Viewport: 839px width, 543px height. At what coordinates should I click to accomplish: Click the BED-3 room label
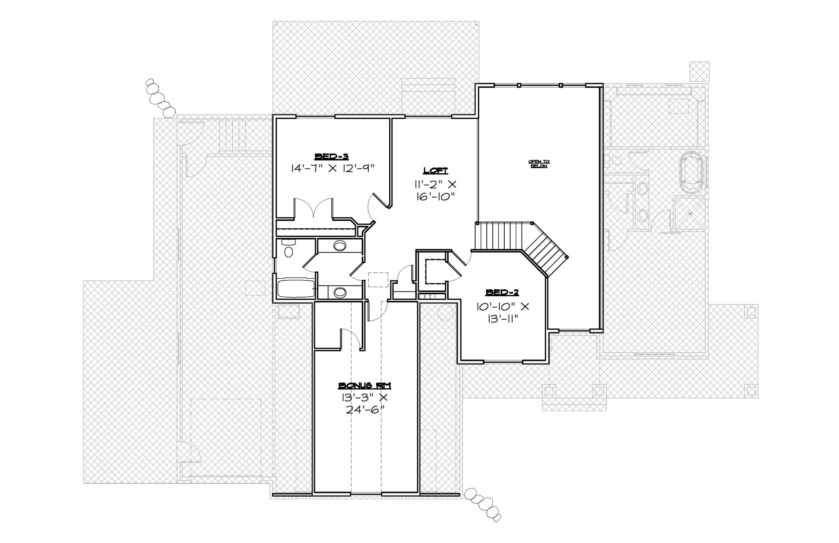click(331, 156)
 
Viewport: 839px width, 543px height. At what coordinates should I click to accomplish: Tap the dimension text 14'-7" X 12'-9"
click(333, 168)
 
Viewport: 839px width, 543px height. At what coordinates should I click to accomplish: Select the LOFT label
click(435, 170)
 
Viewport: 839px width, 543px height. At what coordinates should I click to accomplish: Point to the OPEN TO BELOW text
click(539, 164)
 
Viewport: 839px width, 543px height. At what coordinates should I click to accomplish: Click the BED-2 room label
click(502, 292)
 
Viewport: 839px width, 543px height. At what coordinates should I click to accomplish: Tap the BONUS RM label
click(365, 385)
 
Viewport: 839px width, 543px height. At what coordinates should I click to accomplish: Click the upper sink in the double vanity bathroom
click(339, 246)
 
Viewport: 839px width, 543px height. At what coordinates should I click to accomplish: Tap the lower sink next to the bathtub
click(339, 292)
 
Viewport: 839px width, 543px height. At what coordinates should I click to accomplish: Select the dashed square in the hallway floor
click(378, 279)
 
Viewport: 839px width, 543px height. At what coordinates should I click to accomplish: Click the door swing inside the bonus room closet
click(351, 339)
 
